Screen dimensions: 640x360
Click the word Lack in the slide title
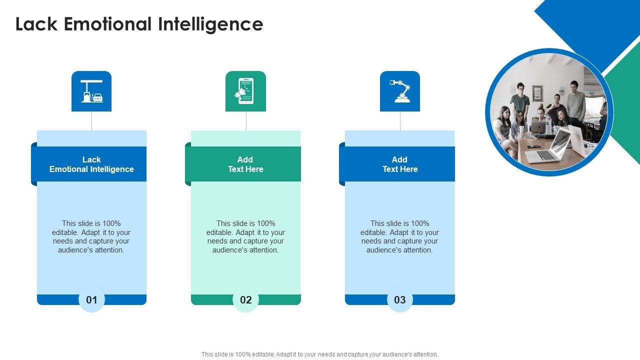tap(36, 24)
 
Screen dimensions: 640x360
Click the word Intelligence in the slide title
tap(210, 25)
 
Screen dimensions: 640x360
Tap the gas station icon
tap(91, 91)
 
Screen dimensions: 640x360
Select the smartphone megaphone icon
tap(245, 91)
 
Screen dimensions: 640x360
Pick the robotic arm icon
tap(400, 91)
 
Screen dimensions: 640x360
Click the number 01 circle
tap(91, 299)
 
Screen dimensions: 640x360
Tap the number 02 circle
tap(245, 299)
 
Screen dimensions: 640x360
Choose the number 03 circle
tap(399, 299)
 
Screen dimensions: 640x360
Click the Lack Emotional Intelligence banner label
tap(91, 164)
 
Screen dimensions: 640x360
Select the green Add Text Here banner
tap(243, 164)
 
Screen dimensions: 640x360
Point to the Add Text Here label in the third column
tap(400, 164)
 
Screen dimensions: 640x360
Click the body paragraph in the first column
tap(91, 236)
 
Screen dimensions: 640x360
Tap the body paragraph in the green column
tap(245, 236)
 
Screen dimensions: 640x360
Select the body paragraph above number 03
tap(399, 236)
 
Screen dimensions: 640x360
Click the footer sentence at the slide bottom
tap(319, 354)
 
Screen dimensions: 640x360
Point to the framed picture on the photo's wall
tap(537, 93)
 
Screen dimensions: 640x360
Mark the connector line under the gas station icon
tap(91, 121)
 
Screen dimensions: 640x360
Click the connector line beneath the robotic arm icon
tap(400, 121)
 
